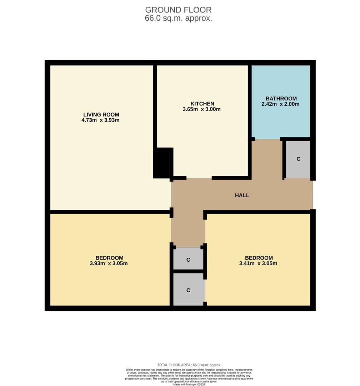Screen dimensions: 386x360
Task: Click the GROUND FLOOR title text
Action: [178, 10]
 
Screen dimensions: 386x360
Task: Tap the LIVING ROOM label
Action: [101, 114]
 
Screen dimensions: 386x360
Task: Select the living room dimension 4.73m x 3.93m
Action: [100, 120]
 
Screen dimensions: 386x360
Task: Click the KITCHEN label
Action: [202, 104]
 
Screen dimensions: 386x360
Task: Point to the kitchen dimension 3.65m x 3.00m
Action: [201, 109]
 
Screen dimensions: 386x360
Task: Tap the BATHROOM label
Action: [281, 99]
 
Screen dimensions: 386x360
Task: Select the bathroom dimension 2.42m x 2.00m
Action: [280, 104]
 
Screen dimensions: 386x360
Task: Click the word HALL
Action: [242, 196]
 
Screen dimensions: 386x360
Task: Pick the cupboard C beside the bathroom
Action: [298, 159]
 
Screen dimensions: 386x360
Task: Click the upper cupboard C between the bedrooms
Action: [188, 260]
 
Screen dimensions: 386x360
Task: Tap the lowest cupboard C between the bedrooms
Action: [188, 290]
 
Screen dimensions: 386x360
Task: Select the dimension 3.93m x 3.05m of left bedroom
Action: [109, 264]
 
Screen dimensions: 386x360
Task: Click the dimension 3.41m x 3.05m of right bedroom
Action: [258, 264]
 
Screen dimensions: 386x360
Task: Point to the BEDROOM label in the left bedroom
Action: [109, 258]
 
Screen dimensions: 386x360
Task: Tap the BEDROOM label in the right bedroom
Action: [259, 258]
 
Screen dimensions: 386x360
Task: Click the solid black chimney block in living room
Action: [161, 164]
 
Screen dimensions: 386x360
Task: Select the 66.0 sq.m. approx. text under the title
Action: [178, 19]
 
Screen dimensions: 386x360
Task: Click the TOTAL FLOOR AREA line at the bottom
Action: [189, 365]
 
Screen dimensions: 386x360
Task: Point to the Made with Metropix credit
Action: [189, 384]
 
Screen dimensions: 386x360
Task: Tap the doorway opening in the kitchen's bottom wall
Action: [199, 178]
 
